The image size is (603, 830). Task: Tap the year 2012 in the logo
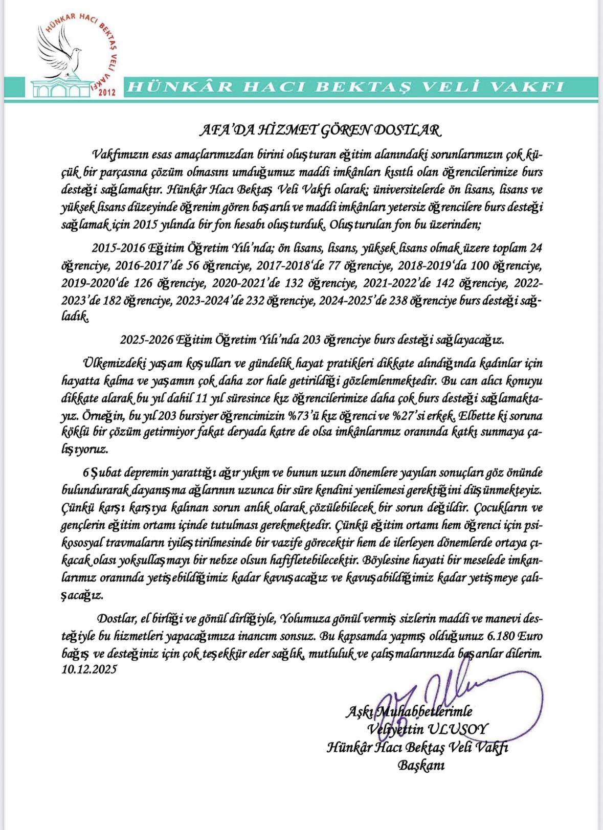[106, 93]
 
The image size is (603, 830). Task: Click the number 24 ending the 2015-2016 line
[535, 248]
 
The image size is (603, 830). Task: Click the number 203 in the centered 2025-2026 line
[312, 340]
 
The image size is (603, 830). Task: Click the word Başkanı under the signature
[421, 765]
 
